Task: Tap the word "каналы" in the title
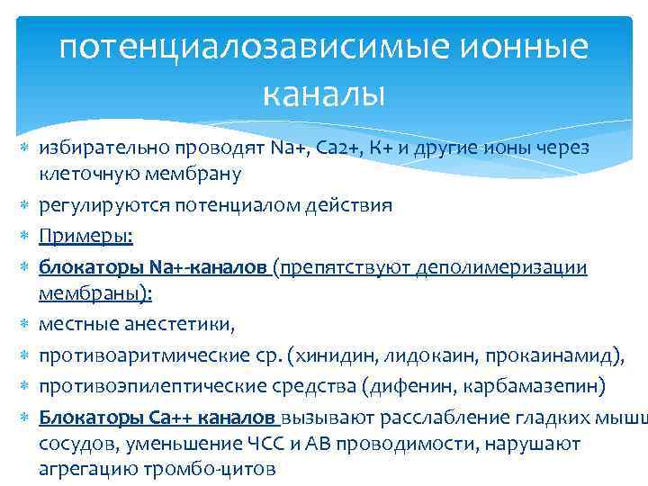pos(323,91)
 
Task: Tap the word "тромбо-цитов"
pos(220,468)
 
